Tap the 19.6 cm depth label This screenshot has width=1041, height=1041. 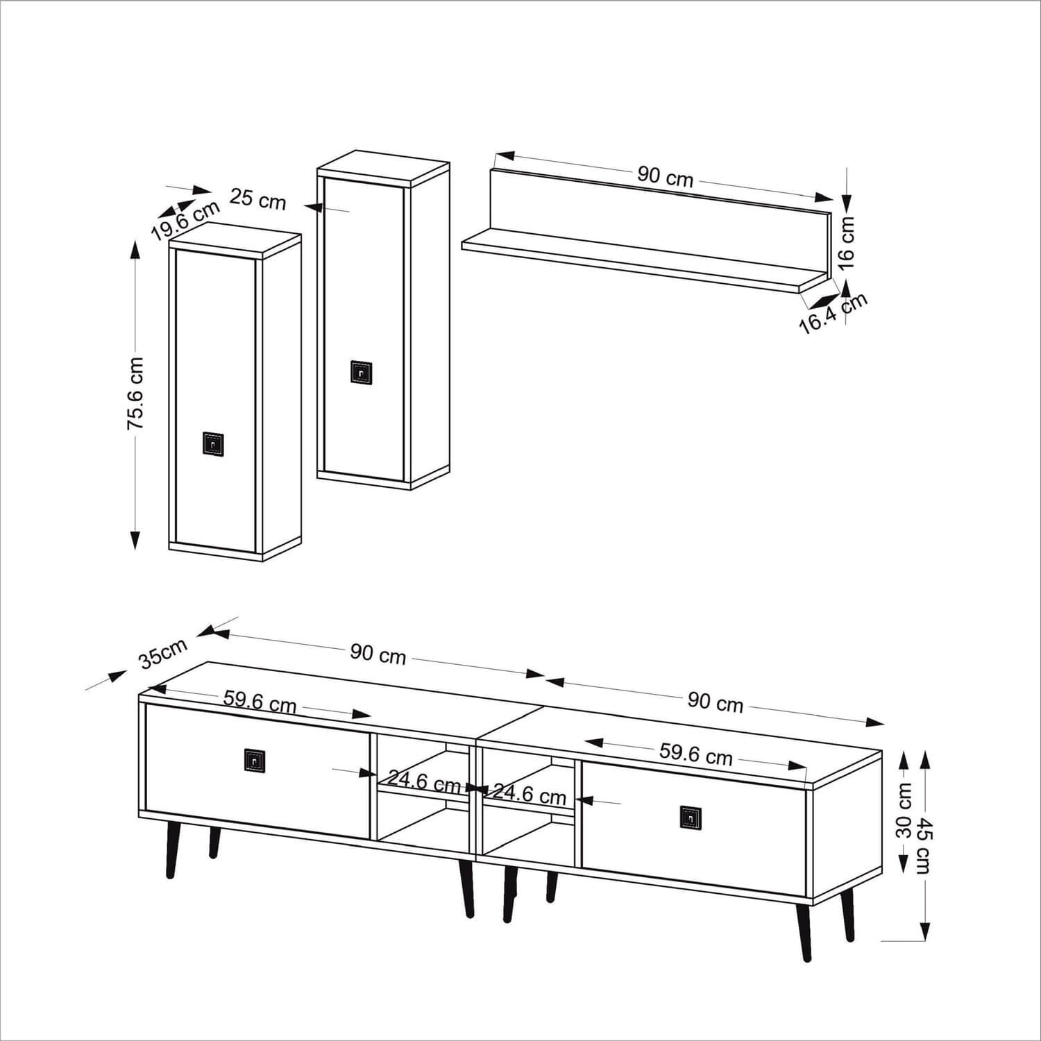185,220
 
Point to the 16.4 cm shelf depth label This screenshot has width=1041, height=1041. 833,314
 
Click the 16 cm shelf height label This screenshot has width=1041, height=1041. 847,242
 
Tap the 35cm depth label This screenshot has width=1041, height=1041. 163,653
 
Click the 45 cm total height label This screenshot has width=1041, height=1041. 924,845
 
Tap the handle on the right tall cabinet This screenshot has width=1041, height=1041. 362,372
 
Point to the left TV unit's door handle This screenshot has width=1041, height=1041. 255,759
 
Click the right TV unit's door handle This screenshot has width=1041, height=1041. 691,817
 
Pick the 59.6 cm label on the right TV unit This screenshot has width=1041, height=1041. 695,754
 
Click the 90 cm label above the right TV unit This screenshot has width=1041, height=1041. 716,702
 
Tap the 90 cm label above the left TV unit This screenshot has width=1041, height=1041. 378,653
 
